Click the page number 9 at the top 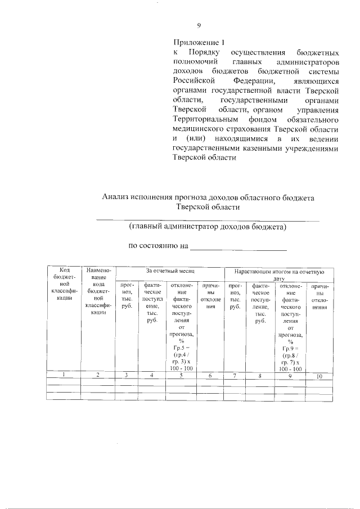[199, 25]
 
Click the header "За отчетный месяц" [170, 271]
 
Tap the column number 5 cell [181, 376]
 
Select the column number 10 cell [319, 376]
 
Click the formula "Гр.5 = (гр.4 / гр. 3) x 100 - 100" [181, 358]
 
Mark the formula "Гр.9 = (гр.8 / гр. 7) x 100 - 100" [290, 358]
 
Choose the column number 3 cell [127, 376]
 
